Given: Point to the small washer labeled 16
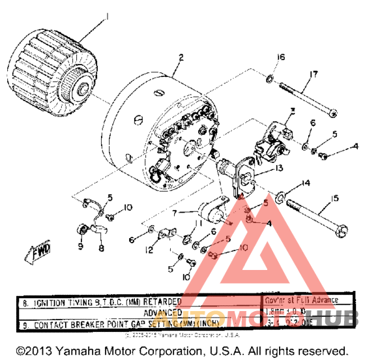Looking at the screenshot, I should point(269,81).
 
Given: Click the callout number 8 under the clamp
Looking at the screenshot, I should point(101,247).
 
